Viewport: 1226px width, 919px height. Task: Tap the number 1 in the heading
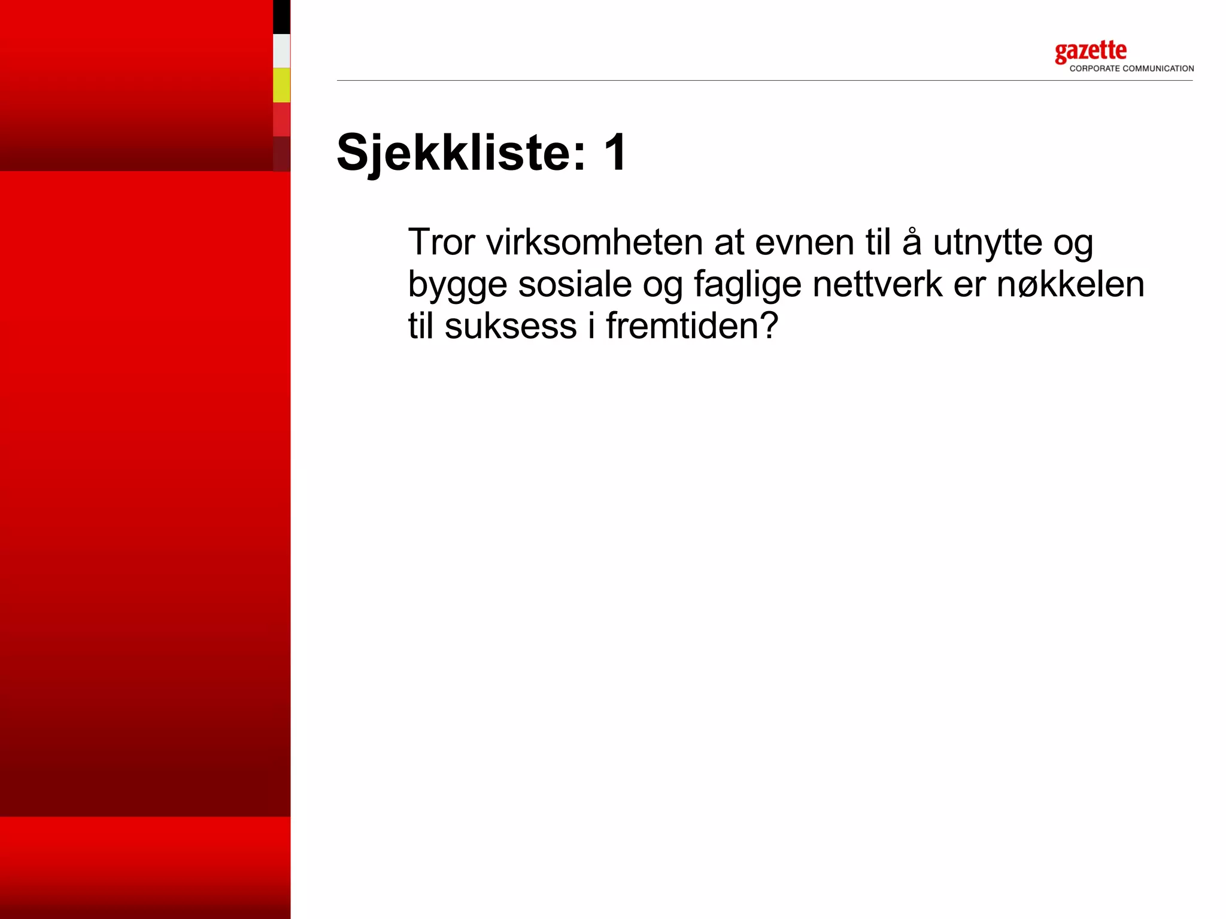(x=615, y=153)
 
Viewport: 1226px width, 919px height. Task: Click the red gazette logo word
(x=1090, y=52)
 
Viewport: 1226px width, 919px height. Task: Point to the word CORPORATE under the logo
(x=1094, y=69)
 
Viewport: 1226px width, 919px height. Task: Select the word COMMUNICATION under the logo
(x=1158, y=69)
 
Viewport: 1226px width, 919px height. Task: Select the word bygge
(x=457, y=285)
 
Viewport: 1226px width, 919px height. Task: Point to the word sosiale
(x=575, y=284)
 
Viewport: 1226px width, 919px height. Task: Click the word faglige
(x=747, y=285)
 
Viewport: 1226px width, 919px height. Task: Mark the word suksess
(x=510, y=326)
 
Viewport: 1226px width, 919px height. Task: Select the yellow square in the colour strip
(x=281, y=85)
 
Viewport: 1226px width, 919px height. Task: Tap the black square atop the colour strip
(x=281, y=17)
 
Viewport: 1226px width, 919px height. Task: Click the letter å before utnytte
(x=911, y=242)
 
